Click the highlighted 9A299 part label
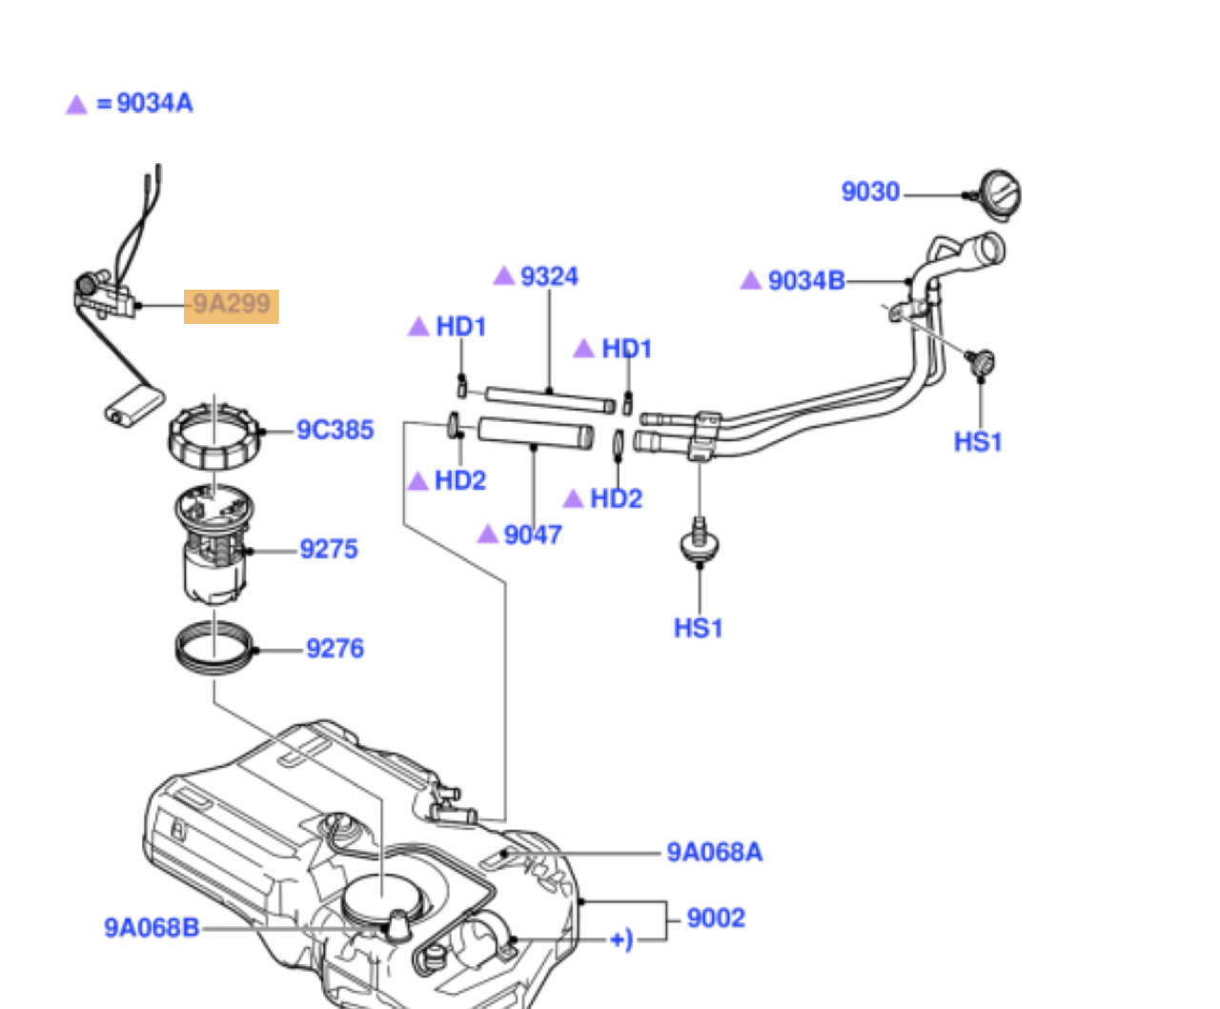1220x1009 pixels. (232, 306)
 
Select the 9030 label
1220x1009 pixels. (869, 192)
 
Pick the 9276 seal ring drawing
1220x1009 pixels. (215, 647)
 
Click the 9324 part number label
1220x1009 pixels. (549, 276)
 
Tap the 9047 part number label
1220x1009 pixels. (532, 535)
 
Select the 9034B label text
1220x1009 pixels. (805, 281)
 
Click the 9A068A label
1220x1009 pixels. (714, 853)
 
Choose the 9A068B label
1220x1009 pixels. (152, 928)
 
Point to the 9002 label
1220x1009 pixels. (716, 918)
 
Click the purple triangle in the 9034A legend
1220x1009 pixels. (76, 105)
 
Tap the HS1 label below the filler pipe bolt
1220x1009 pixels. (978, 442)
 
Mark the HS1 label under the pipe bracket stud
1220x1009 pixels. (698, 629)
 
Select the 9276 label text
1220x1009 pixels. (335, 649)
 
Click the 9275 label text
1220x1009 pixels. (329, 550)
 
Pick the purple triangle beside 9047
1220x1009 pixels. (488, 535)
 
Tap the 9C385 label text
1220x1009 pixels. (335, 431)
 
